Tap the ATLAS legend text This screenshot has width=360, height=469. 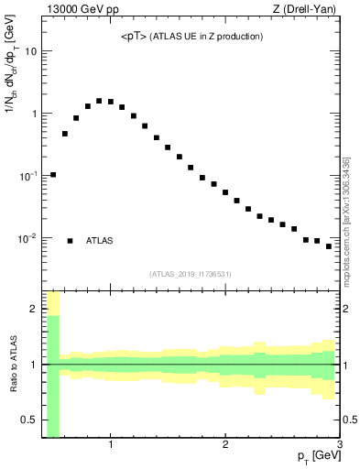pos(100,241)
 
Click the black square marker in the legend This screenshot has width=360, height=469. pos(71,241)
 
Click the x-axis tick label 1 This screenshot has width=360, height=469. pos(111,446)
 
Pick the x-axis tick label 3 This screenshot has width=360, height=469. pos(339,446)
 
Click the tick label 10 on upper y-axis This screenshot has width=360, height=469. pos(30,51)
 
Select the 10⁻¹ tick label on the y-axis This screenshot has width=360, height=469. pos(28,176)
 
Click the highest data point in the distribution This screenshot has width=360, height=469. pos(99,101)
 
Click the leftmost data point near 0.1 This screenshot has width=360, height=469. pos(53,175)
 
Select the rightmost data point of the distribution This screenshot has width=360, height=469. pos(329,246)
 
